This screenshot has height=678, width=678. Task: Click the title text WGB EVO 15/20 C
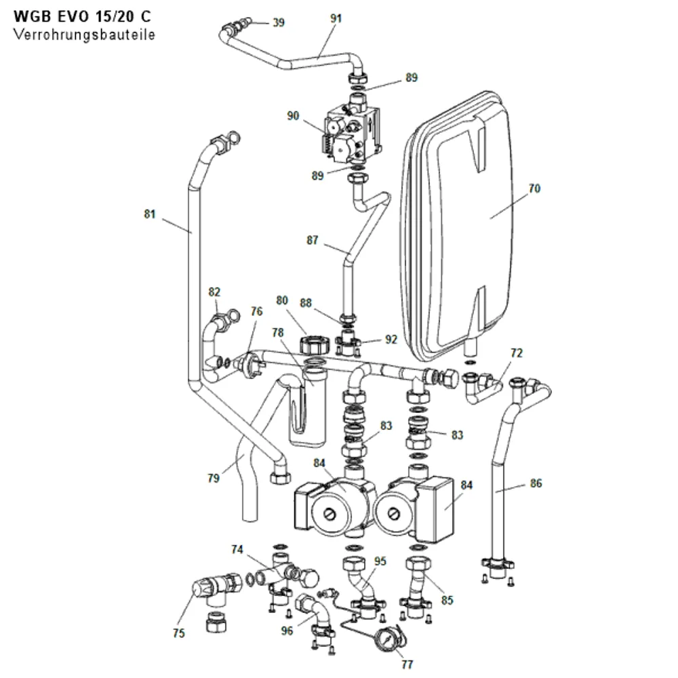[x=83, y=16]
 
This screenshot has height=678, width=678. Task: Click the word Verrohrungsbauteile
[x=84, y=34]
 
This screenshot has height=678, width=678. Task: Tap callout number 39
[x=279, y=22]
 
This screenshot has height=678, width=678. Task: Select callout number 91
[x=336, y=18]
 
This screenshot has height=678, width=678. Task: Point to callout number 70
[x=534, y=188]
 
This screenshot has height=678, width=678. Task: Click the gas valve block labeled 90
[x=353, y=134]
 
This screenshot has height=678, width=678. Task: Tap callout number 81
[x=150, y=214]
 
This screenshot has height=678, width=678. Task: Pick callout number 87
[x=312, y=240]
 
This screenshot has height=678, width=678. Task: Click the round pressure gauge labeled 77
[x=387, y=639]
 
